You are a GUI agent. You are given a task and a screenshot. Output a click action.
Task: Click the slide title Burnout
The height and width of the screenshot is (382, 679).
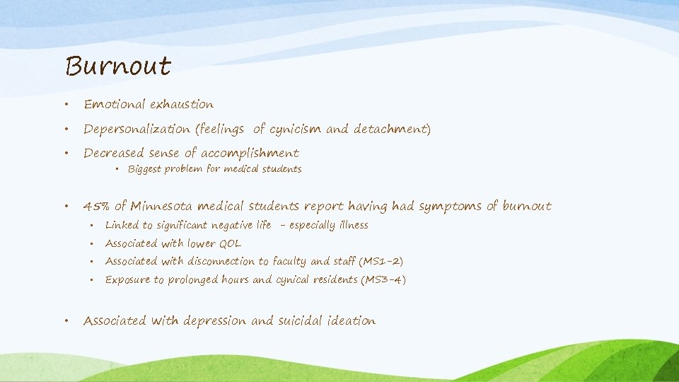[x=118, y=66]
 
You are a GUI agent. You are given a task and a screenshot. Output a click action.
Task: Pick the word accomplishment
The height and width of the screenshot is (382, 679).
[x=250, y=154]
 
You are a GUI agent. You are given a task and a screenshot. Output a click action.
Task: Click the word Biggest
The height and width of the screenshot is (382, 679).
[x=145, y=169]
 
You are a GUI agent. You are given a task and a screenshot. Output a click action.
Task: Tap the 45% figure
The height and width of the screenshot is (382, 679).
[x=97, y=207]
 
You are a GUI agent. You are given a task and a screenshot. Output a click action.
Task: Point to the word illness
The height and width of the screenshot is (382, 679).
[x=351, y=226]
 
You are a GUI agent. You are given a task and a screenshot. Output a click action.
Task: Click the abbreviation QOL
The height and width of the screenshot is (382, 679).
[x=229, y=243]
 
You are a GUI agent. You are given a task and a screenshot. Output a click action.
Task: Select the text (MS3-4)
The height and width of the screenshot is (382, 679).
[x=383, y=280]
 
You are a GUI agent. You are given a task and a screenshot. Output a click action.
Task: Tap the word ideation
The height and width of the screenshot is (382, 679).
[x=352, y=321]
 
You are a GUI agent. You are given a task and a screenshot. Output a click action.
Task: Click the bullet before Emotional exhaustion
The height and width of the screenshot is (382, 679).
[x=65, y=105]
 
